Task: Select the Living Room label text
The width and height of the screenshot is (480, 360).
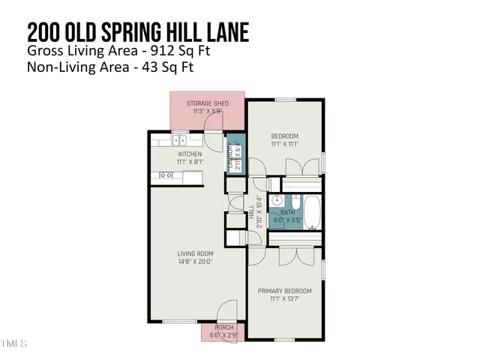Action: (195, 253)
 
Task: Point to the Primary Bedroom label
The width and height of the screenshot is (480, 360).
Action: (284, 290)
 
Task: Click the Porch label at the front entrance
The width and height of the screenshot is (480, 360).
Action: (224, 328)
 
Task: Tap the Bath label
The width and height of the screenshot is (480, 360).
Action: (288, 212)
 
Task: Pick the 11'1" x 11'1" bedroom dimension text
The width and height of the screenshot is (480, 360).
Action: (284, 145)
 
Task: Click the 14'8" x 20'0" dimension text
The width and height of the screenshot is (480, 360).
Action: (195, 262)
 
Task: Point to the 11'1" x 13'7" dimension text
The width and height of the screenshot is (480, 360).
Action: (284, 298)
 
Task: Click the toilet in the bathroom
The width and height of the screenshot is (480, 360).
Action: (294, 202)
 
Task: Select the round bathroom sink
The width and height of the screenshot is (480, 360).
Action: (277, 201)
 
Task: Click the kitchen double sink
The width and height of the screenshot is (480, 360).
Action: (180, 139)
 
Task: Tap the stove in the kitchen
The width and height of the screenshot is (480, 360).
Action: (166, 175)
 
